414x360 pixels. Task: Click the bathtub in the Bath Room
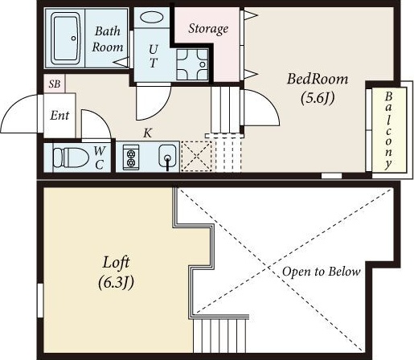click(x=66, y=38)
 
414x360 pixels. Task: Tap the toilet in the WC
click(x=71, y=157)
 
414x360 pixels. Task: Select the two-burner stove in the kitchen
click(x=131, y=157)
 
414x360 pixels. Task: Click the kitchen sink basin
click(x=167, y=156)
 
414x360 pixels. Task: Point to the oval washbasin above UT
click(x=152, y=17)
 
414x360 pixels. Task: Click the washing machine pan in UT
click(x=192, y=64)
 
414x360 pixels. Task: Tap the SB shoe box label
click(x=55, y=84)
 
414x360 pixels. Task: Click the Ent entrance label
click(x=59, y=116)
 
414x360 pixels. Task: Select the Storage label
click(x=208, y=29)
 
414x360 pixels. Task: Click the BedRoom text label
click(x=318, y=79)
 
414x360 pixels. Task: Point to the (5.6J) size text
click(x=318, y=98)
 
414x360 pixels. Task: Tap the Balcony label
click(x=388, y=130)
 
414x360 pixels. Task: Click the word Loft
click(x=116, y=263)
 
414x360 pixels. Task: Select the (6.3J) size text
click(x=116, y=283)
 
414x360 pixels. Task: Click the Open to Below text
click(x=322, y=272)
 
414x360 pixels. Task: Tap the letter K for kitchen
click(x=148, y=133)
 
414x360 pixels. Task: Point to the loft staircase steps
click(x=219, y=336)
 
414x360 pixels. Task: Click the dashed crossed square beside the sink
click(x=196, y=156)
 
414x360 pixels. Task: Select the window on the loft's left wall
click(x=40, y=301)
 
